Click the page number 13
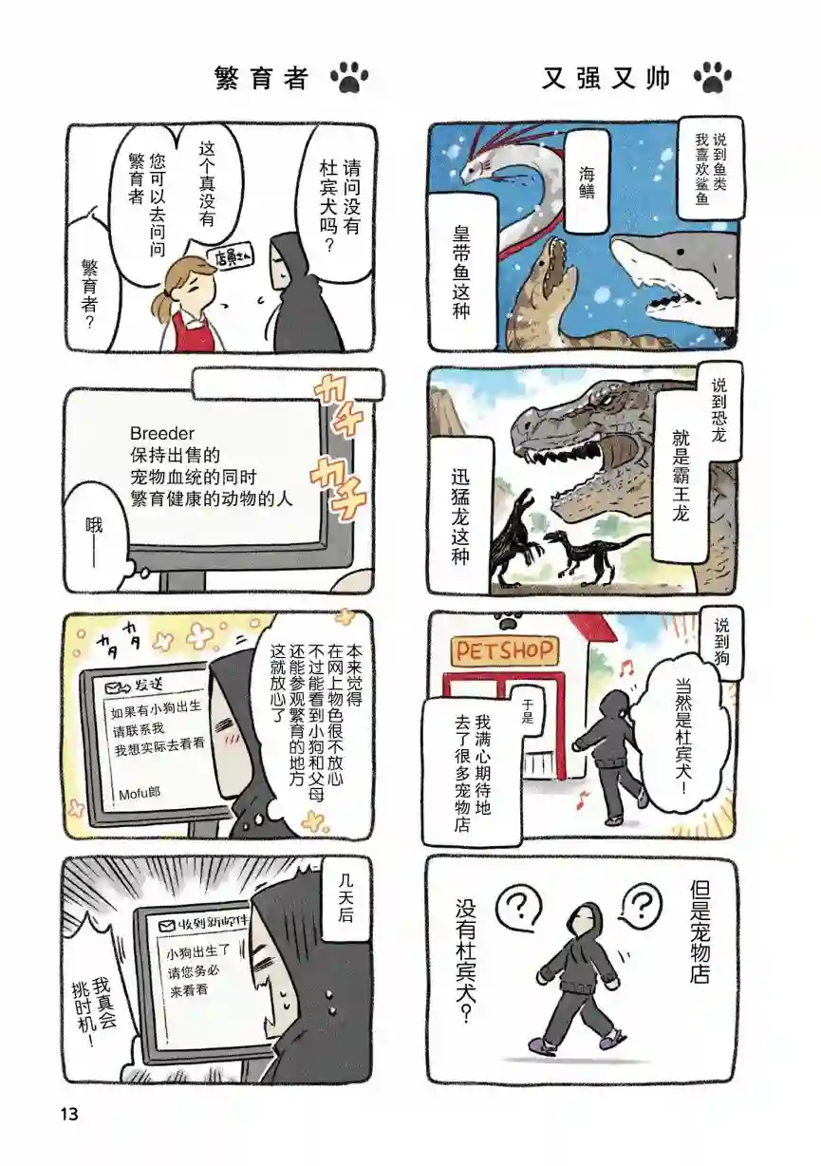(67, 1113)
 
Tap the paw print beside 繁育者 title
(350, 77)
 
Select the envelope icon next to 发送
(119, 686)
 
